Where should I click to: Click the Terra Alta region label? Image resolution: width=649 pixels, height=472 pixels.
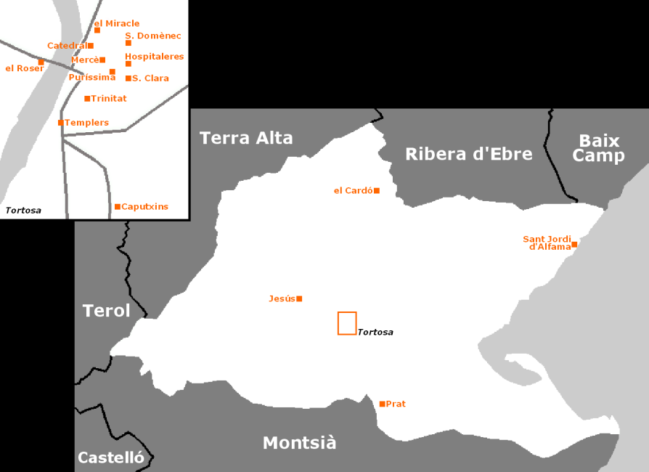(246, 138)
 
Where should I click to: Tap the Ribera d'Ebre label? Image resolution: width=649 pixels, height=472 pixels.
(468, 154)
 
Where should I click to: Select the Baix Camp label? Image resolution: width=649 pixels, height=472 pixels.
(598, 148)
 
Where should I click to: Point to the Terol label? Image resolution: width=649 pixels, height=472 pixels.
(106, 311)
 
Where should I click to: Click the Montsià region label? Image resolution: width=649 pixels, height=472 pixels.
(299, 443)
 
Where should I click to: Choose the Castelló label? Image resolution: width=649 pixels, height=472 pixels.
(110, 457)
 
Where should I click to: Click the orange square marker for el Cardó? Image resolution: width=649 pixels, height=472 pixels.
(377, 191)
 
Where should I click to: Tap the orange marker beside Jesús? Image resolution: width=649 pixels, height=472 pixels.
(299, 298)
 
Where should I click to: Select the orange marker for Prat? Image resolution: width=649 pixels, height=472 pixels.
(382, 404)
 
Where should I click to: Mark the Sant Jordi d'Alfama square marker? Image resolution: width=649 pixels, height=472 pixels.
(574, 245)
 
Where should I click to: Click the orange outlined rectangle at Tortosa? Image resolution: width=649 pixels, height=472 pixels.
(347, 323)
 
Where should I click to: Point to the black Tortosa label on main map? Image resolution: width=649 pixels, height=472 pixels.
(375, 333)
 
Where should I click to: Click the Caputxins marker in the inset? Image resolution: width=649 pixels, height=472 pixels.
(118, 207)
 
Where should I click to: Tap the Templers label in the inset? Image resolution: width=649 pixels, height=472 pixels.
(87, 123)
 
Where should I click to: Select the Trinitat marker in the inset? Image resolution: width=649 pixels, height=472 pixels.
(87, 99)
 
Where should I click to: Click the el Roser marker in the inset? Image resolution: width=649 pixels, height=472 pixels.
(41, 62)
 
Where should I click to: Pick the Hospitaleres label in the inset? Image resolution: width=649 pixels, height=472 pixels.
(154, 56)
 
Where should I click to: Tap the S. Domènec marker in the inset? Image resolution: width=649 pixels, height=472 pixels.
(128, 43)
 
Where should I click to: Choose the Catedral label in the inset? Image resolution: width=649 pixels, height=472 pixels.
(67, 46)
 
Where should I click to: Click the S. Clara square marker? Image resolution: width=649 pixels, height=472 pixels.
(128, 78)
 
